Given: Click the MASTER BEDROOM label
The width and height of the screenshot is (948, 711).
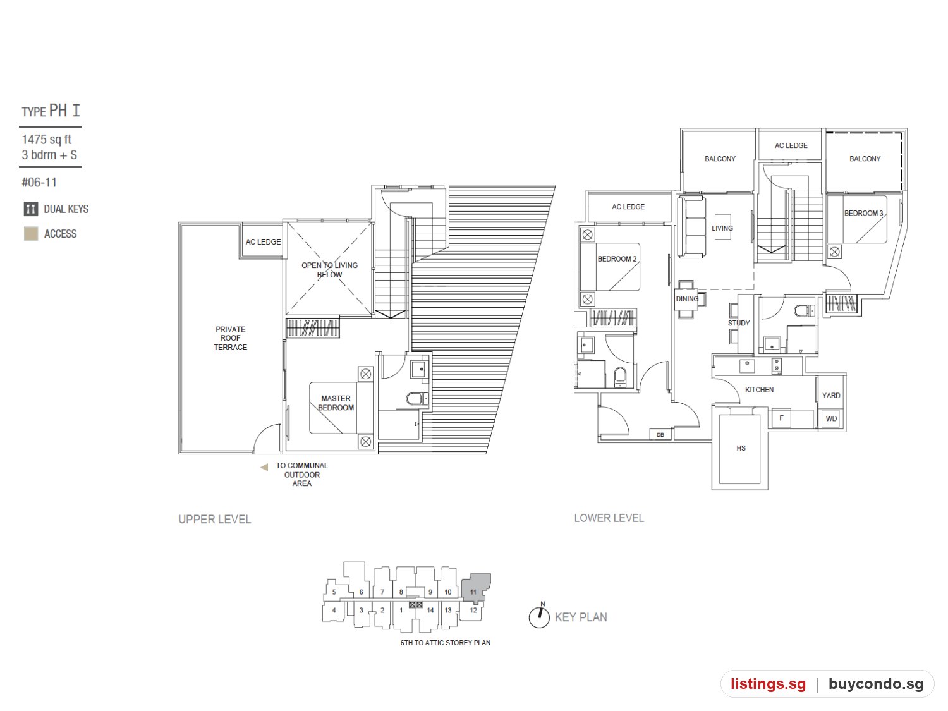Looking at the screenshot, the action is [x=336, y=403].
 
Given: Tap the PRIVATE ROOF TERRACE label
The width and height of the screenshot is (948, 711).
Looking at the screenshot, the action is [x=230, y=338].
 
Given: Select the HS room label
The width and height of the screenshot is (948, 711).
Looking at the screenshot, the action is [x=741, y=448].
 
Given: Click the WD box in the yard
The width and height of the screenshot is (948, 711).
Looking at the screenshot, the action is [x=831, y=418].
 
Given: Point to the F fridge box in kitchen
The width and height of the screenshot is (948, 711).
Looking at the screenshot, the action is [x=781, y=418].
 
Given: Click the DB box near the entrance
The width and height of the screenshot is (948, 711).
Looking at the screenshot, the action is [x=660, y=434].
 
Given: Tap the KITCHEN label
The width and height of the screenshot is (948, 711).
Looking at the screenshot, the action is [x=759, y=389].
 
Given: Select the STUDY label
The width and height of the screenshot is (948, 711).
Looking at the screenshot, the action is [x=739, y=323].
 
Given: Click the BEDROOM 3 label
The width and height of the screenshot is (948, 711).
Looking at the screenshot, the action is [x=863, y=213].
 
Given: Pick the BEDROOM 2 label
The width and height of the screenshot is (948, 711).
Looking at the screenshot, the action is [x=617, y=258].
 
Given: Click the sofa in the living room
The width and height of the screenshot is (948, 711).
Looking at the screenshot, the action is [x=692, y=227].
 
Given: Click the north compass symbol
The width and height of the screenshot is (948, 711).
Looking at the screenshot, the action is [x=539, y=616].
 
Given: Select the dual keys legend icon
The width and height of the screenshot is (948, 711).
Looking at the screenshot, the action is [x=31, y=209].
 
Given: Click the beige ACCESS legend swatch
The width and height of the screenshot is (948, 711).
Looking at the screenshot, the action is [x=31, y=234].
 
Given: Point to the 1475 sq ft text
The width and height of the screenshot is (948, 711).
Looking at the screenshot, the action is [x=46, y=140].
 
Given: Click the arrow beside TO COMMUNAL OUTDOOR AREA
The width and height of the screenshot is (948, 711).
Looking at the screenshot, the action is [x=264, y=466].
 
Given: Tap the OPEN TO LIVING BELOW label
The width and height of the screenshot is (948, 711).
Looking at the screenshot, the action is [x=329, y=270].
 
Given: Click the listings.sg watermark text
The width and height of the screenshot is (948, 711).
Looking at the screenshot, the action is [x=768, y=684].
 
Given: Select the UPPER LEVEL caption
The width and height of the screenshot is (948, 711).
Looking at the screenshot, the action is [x=215, y=520].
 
